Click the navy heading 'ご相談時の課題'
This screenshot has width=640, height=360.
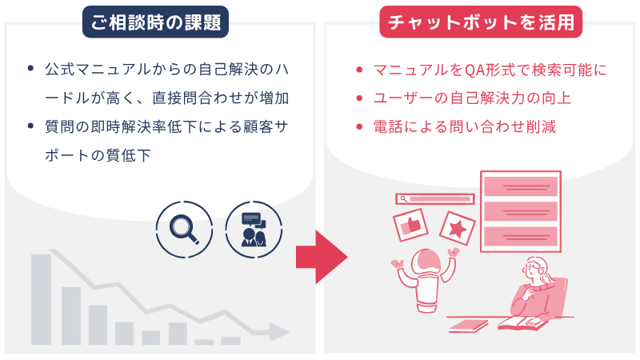(155, 22)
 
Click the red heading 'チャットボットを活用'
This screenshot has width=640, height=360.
(481, 22)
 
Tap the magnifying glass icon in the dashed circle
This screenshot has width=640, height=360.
(184, 230)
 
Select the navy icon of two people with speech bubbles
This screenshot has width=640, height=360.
(254, 230)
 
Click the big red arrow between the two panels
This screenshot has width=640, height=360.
(322, 257)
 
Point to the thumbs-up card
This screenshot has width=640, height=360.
(410, 226)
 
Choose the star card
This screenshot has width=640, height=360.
(458, 228)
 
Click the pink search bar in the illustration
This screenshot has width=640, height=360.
(435, 198)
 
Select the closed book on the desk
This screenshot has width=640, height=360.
(468, 326)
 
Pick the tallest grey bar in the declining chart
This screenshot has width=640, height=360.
(41, 299)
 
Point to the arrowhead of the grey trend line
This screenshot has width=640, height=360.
(278, 331)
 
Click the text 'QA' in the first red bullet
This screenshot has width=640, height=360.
(474, 70)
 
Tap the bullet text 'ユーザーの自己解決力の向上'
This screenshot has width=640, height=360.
(472, 98)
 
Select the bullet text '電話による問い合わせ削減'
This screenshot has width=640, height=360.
(465, 127)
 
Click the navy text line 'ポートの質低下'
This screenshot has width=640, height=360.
(98, 155)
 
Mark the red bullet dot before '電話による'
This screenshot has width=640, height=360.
(359, 127)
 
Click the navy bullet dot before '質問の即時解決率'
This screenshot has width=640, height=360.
(30, 126)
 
